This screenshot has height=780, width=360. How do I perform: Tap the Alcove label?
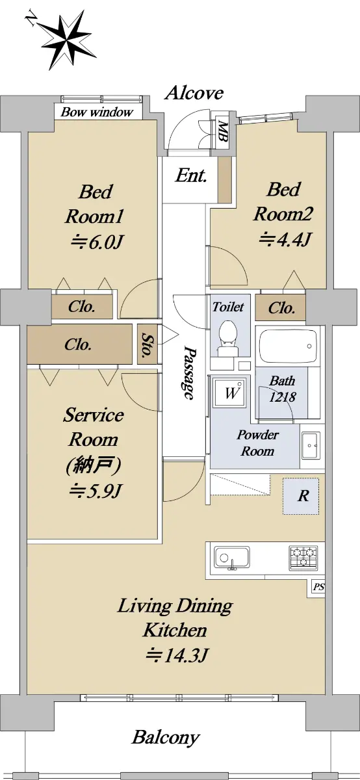(194, 93)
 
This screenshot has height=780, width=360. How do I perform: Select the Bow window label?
(97, 112)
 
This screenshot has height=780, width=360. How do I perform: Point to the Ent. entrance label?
(191, 175)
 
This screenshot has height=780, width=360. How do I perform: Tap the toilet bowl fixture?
(227, 339)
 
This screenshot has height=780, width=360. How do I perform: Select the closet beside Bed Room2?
(280, 307)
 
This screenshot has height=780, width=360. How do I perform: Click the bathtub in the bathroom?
(289, 346)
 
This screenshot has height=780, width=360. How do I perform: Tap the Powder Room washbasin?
(311, 446)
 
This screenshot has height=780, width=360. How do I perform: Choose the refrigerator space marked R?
(301, 496)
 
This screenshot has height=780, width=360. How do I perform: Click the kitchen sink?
(231, 559)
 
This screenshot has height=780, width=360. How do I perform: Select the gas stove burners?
(303, 558)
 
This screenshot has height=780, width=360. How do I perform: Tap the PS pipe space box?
(318, 587)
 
